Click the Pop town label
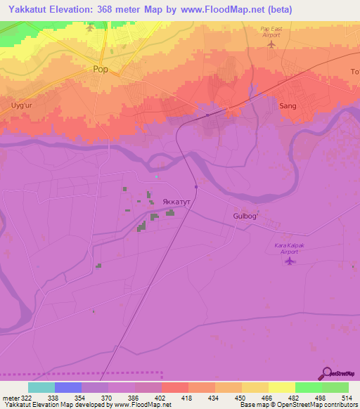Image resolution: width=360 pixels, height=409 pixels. (101, 70)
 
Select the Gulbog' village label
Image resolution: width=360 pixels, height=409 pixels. (246, 216)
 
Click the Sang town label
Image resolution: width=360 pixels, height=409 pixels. (288, 105)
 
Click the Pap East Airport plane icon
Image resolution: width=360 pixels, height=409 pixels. (272, 45)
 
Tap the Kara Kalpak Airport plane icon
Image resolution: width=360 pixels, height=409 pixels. (289, 261)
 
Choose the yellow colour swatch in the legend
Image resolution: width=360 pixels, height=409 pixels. (281, 387)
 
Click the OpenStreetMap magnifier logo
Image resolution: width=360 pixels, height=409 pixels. (326, 375)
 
